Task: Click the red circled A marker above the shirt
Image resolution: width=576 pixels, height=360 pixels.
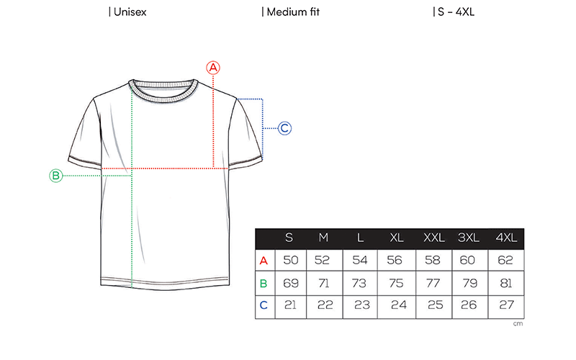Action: point(213,68)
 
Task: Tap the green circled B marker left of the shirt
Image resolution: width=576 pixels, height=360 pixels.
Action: point(56,176)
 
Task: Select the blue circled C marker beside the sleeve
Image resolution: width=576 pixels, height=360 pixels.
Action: point(284,128)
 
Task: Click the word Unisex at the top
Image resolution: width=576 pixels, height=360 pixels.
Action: point(130,12)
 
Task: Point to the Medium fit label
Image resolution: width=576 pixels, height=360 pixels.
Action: point(293,12)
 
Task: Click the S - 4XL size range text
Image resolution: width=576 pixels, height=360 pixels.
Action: point(456,12)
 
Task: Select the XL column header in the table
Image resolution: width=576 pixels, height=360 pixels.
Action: point(397,238)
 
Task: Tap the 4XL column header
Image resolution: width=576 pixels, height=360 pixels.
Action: point(506,238)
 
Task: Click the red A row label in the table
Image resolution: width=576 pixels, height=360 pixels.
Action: point(264,261)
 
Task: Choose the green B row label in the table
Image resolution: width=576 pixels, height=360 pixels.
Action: point(264,284)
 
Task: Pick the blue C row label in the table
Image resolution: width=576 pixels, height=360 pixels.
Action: point(264,305)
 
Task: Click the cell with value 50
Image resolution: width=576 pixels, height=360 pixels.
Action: point(291,261)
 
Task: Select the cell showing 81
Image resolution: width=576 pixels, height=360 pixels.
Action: point(506,283)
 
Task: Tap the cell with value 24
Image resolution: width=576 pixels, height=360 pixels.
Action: point(399,305)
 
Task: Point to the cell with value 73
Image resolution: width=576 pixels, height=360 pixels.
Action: point(359,283)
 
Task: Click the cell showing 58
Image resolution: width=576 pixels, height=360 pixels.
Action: point(433,261)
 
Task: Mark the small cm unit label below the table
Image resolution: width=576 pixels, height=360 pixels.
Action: point(518,323)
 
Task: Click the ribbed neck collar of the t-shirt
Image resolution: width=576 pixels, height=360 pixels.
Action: point(163,91)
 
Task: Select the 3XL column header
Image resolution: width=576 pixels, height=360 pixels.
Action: point(469,238)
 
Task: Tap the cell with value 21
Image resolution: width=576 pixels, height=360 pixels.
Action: point(290,305)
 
